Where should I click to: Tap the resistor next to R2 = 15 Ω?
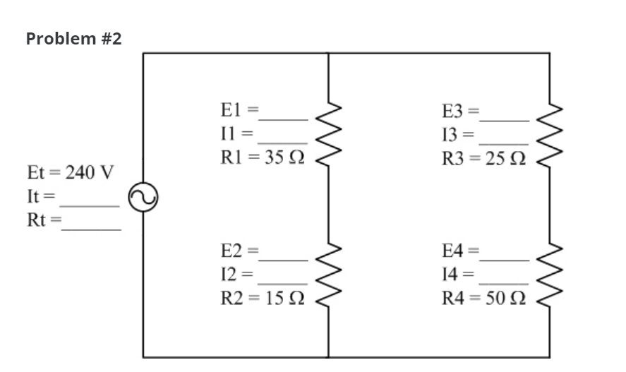point(329,272)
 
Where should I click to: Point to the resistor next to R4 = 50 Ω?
point(550,272)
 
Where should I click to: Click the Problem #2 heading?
point(73,39)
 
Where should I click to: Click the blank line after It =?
point(90,205)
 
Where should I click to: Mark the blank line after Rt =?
point(91,228)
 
